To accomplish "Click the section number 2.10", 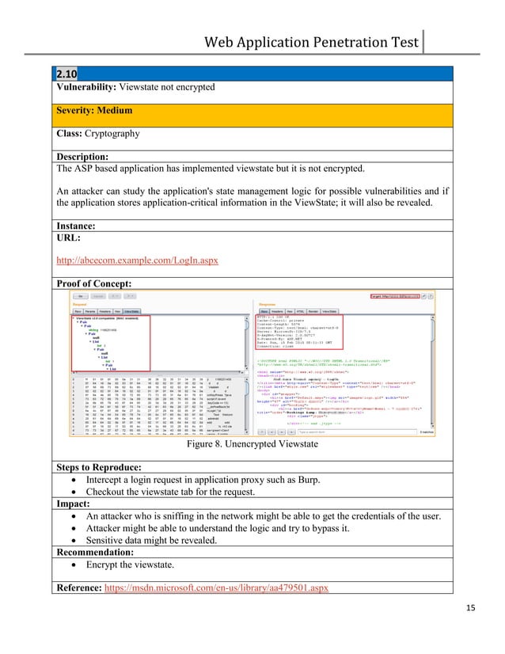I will [x=67, y=74].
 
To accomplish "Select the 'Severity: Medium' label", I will [x=94, y=111].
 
